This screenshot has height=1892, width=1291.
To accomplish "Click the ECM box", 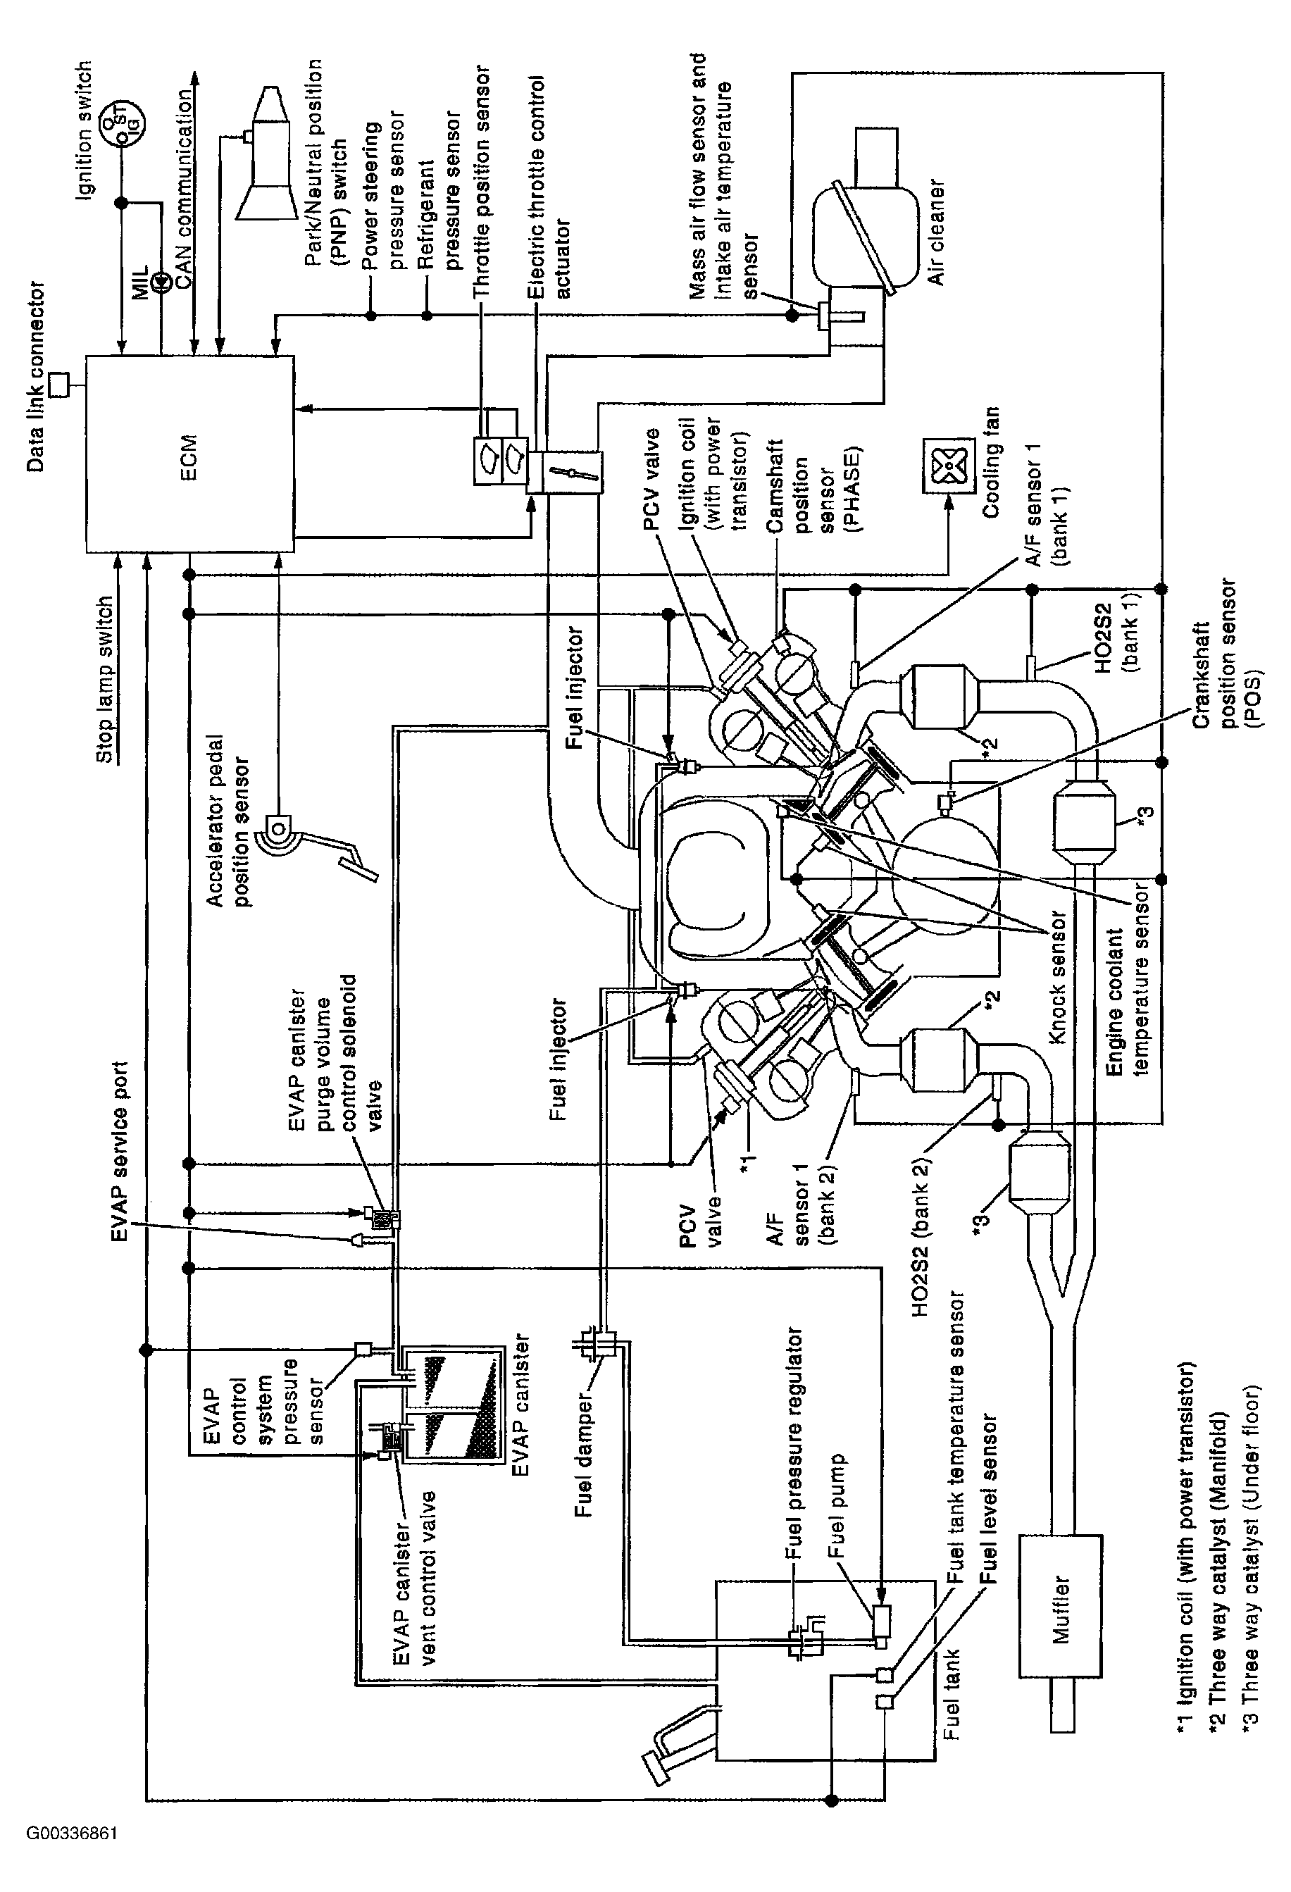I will click(189, 453).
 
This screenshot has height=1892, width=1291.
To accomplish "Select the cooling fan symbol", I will click(947, 465).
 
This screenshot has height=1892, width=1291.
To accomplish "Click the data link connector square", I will click(59, 385).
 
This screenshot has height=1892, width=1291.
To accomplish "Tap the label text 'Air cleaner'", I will click(937, 232).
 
